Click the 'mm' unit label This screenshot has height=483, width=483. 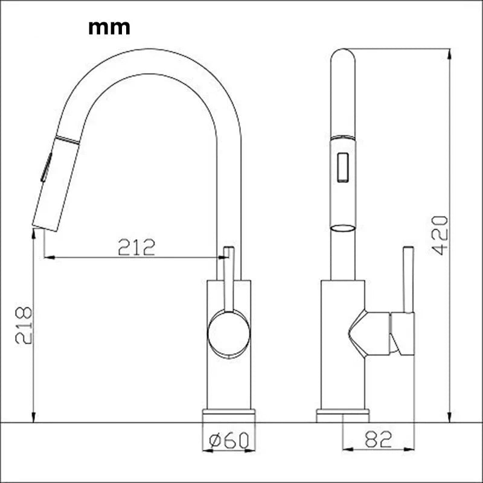point(109,28)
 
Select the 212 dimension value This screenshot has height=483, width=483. point(136,247)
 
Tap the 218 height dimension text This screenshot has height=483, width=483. point(24,325)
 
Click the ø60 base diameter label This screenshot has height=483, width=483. point(228,441)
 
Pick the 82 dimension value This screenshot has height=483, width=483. point(379,440)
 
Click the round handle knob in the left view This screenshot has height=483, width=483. point(228,333)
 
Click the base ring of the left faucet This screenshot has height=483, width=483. point(228,415)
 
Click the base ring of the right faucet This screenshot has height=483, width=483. point(342,415)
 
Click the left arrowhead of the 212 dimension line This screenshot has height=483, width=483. point(48,258)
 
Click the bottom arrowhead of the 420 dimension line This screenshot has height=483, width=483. point(450,417)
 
